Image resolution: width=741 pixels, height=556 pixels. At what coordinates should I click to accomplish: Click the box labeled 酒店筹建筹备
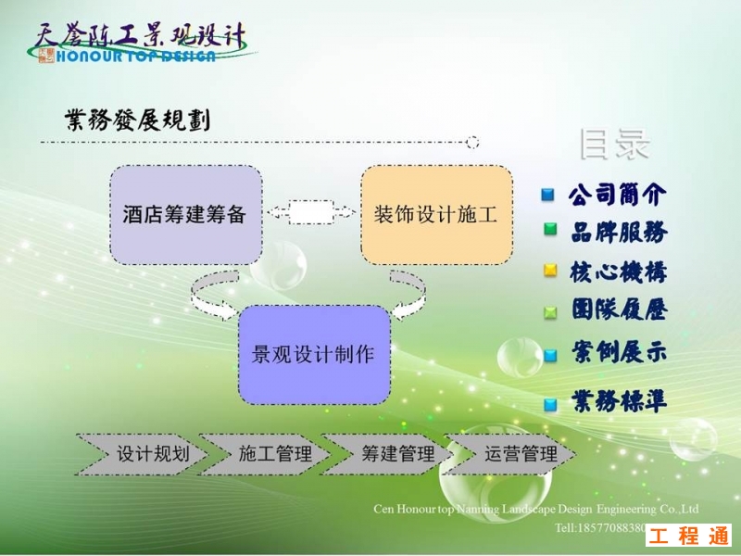tap(185, 214)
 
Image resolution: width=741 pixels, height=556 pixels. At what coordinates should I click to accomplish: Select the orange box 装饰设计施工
tap(436, 214)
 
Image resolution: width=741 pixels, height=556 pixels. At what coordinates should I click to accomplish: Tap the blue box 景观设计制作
tap(314, 354)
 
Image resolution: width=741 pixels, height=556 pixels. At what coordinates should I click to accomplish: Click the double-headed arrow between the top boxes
tap(311, 212)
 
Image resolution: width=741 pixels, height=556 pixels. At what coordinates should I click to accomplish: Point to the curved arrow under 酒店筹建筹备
tap(214, 294)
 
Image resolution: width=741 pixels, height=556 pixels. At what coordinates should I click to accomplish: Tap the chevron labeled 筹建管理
tap(389, 453)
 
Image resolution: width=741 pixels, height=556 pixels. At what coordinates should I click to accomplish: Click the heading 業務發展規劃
tap(137, 120)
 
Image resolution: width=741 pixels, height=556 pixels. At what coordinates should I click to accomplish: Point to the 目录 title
tap(614, 145)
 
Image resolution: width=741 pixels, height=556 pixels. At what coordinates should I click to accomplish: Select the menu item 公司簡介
tap(617, 195)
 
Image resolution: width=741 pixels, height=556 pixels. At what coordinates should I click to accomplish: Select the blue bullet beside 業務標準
tap(550, 403)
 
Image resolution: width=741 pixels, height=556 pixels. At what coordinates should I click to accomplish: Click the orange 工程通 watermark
tap(688, 535)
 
